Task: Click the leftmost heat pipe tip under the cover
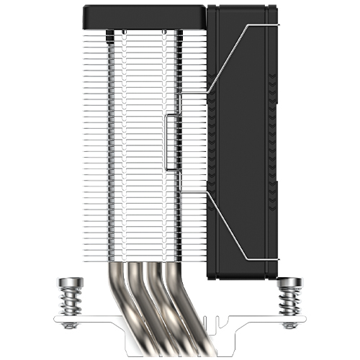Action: coord(112,34)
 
